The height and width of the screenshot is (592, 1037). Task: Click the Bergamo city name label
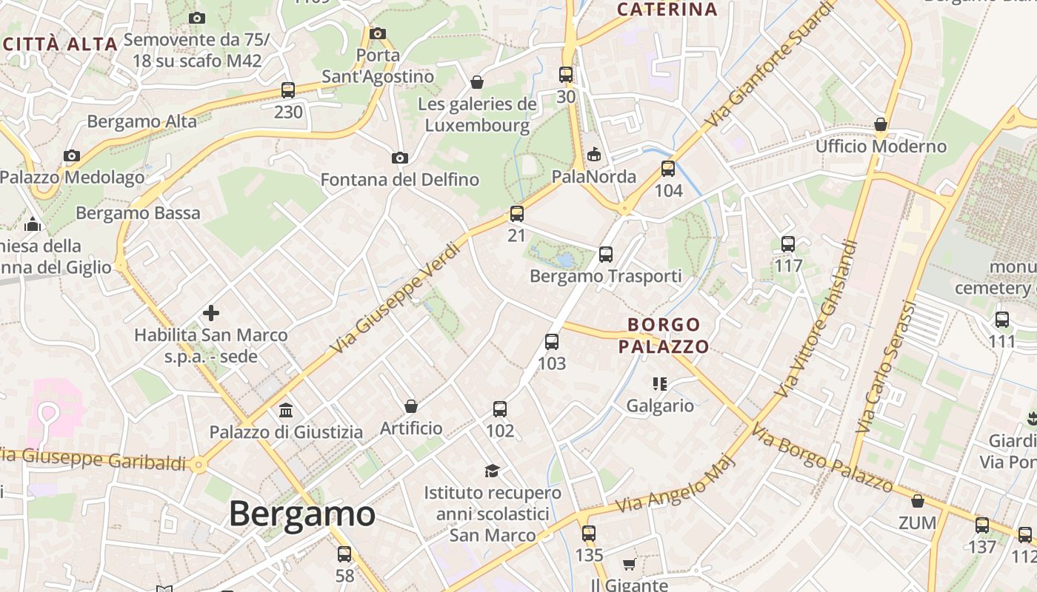point(301,514)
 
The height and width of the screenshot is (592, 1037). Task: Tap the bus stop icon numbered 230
point(288,90)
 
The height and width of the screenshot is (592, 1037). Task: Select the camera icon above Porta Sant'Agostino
point(378,33)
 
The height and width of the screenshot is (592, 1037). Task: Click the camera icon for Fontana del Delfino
point(400,158)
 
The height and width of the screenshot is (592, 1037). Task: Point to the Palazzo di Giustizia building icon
point(286,410)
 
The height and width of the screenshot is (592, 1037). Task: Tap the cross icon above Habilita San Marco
point(211,313)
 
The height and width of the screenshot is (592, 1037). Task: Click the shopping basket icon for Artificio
point(411,406)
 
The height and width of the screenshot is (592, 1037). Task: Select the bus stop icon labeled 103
point(552,342)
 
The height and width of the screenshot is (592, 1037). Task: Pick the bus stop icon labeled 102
point(500,409)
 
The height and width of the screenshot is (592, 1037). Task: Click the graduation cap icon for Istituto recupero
point(492,471)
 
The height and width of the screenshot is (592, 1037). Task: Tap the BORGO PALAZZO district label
point(664,335)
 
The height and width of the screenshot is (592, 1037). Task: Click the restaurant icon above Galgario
point(660,383)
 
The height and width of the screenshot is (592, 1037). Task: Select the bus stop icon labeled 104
point(668,169)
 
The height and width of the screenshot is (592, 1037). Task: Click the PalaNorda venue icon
point(593,155)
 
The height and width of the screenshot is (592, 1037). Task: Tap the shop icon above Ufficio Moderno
point(881,124)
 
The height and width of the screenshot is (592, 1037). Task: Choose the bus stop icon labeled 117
point(788,243)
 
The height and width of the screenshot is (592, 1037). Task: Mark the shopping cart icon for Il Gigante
point(629,565)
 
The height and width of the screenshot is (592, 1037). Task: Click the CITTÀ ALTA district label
point(61,44)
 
